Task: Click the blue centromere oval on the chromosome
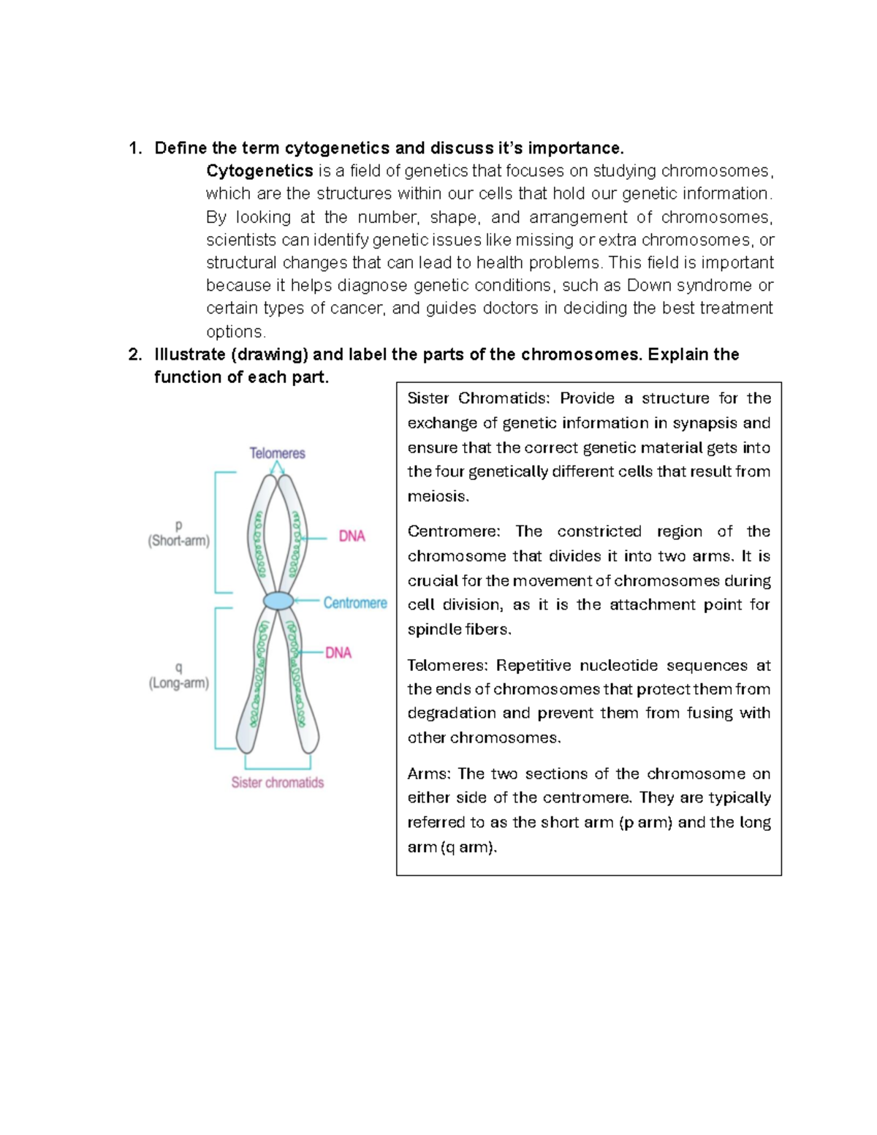[x=278, y=601]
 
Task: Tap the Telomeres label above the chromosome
[x=277, y=453]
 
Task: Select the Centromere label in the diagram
[x=355, y=603]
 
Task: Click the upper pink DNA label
[x=352, y=536]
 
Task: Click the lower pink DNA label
[x=338, y=653]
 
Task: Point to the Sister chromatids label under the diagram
[x=277, y=782]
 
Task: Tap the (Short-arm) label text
[x=178, y=542]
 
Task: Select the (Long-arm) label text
[x=178, y=683]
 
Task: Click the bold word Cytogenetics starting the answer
[x=259, y=171]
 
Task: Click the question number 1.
[x=134, y=148]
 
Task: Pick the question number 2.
[x=134, y=354]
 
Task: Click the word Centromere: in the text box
[x=454, y=531]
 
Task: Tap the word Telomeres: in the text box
[x=447, y=665]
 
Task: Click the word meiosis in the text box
[x=436, y=496]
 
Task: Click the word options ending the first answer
[x=235, y=332]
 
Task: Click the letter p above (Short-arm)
[x=178, y=525]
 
